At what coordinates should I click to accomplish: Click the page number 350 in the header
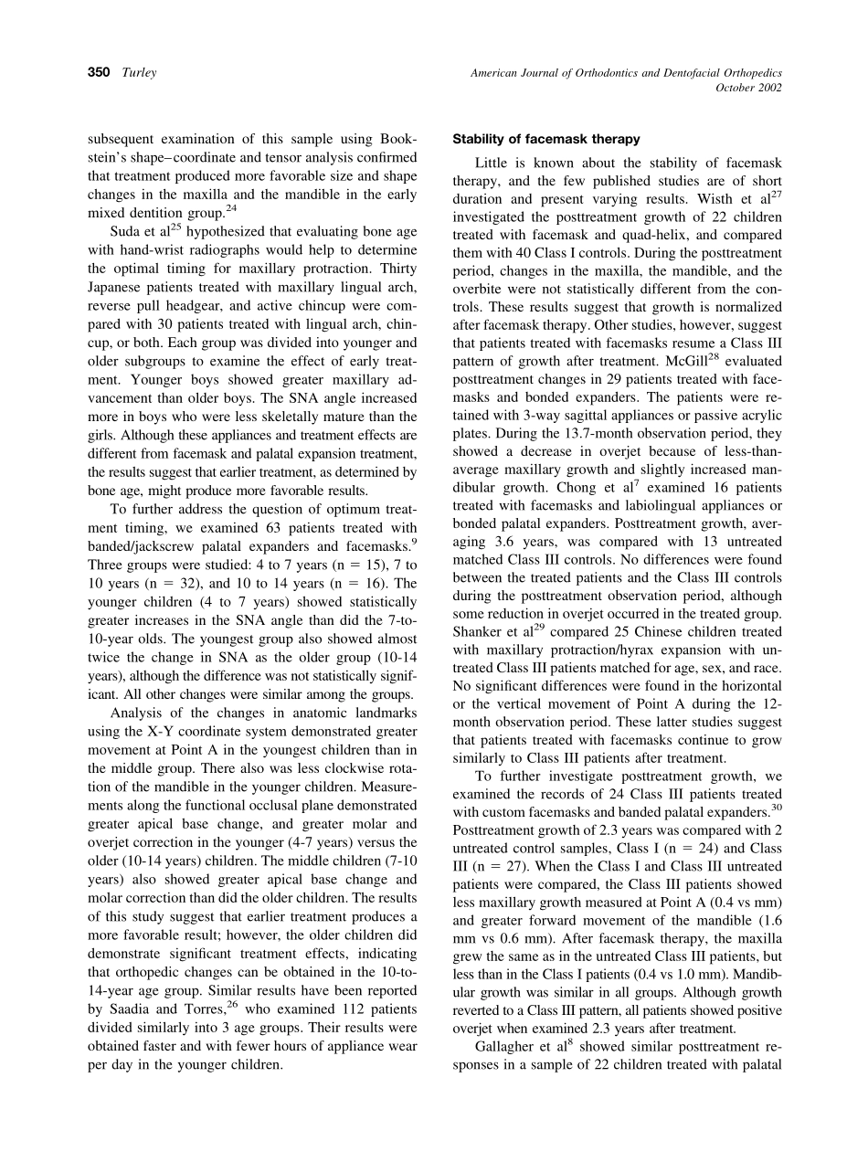click(x=100, y=72)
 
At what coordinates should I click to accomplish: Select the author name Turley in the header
click(x=139, y=72)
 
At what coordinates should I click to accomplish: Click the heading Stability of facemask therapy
click(x=546, y=140)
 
